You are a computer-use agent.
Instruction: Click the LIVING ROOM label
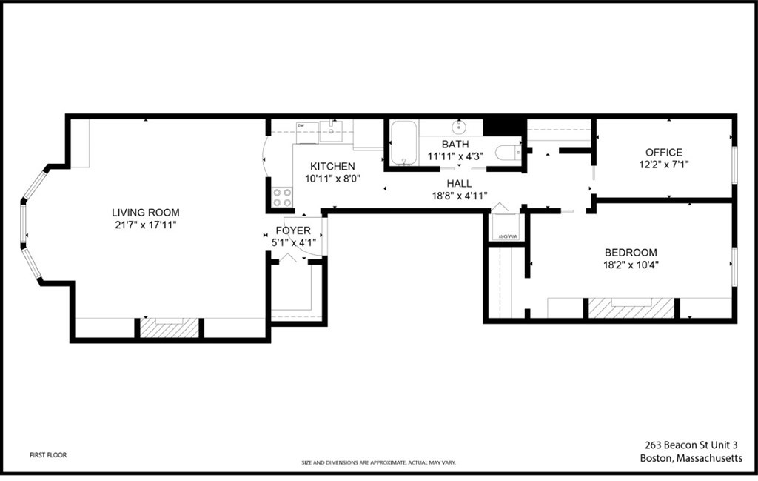[x=145, y=213]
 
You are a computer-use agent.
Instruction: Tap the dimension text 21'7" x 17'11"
[x=145, y=224]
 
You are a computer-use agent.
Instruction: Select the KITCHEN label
[x=332, y=166]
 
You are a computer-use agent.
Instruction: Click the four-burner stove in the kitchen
[x=282, y=197]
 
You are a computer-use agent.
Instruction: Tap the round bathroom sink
[x=459, y=127]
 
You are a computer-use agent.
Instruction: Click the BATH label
[x=455, y=144]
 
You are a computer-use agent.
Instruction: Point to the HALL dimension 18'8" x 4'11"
[x=459, y=196]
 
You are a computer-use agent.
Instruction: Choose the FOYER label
[x=293, y=230]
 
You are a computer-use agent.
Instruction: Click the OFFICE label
[x=663, y=153]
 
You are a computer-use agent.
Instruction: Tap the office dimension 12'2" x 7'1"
[x=663, y=164]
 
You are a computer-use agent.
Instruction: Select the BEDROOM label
[x=631, y=252]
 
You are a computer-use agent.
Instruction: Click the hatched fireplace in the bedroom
[x=631, y=308]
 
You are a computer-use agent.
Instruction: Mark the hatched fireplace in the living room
[x=170, y=328]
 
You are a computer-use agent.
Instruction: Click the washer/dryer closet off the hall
[x=506, y=227]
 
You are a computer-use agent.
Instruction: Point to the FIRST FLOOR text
[x=48, y=455]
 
